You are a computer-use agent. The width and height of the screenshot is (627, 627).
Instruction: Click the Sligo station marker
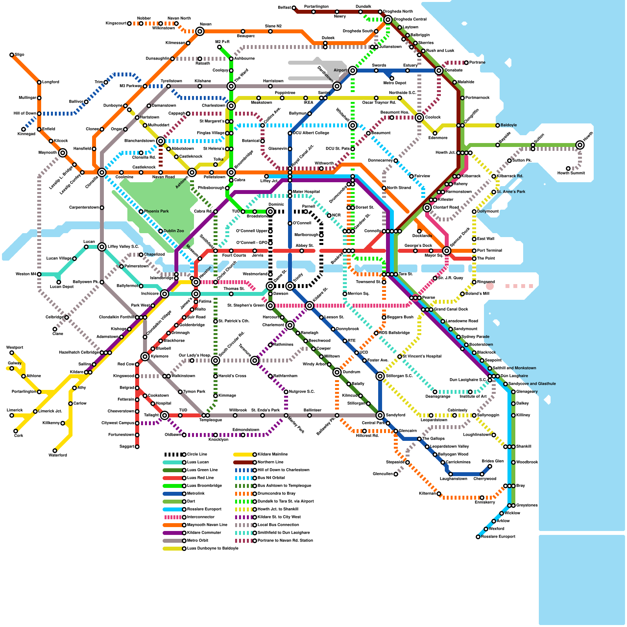[x=12, y=55]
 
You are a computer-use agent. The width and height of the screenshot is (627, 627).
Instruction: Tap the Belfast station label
[x=285, y=7]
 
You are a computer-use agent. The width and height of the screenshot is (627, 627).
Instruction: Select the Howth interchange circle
[x=580, y=145]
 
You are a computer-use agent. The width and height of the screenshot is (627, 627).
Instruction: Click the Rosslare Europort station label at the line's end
[x=498, y=536]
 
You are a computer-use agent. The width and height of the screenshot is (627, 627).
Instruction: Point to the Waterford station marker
[x=55, y=451]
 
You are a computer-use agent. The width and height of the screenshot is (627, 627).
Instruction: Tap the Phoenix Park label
[x=156, y=211]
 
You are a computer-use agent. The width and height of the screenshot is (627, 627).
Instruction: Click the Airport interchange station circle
[x=353, y=71]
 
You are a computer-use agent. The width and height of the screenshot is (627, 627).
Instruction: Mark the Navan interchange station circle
[x=200, y=31]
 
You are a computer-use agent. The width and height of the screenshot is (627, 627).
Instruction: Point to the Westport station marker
[x=12, y=353]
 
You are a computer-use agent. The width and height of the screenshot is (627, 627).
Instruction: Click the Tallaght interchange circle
[x=165, y=415]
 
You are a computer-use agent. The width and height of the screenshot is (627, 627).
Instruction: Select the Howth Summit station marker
[x=568, y=169]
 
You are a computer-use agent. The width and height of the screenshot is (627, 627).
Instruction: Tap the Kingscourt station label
[x=116, y=23]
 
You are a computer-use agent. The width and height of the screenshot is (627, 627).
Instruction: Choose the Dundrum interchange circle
[x=337, y=372]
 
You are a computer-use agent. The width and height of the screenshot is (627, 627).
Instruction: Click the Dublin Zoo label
[x=174, y=231]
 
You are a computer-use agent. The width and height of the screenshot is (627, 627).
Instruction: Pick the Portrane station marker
[x=466, y=63]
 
